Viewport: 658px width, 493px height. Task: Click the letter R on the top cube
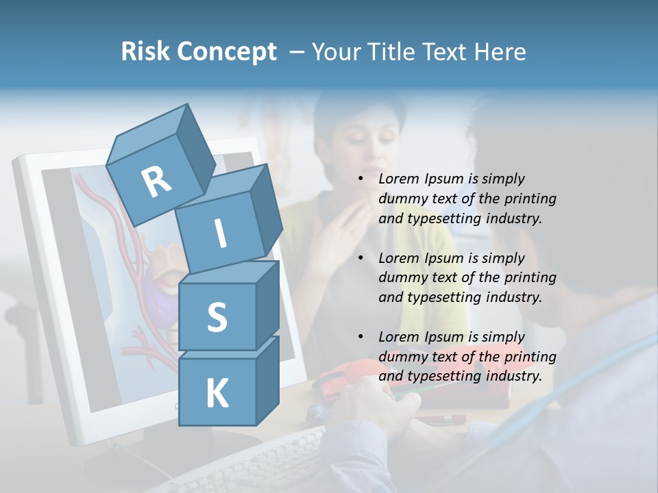(156, 182)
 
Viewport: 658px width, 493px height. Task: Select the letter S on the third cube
(217, 317)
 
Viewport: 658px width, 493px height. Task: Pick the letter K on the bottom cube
(217, 394)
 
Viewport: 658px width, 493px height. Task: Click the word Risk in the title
(145, 52)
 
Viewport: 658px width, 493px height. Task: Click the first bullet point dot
(361, 179)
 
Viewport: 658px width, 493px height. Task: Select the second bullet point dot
(361, 259)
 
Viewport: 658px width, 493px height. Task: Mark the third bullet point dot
(361, 338)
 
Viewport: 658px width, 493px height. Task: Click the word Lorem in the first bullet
(398, 179)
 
